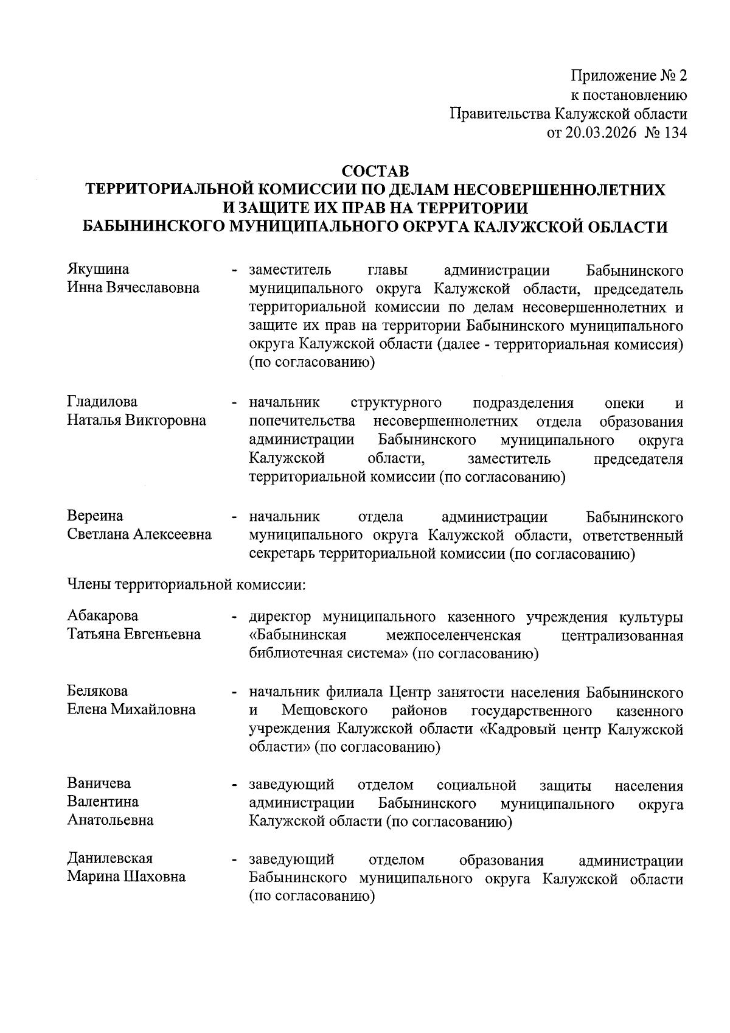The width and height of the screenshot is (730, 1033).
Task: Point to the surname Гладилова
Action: click(102, 402)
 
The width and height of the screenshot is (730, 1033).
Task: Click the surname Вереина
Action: click(95, 516)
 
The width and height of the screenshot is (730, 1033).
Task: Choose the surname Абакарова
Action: click(103, 616)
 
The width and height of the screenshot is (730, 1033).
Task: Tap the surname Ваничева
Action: click(99, 783)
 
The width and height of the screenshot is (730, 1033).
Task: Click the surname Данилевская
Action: click(110, 858)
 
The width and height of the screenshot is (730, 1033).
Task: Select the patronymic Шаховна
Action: click(155, 877)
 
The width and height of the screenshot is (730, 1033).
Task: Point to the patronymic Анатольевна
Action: click(110, 821)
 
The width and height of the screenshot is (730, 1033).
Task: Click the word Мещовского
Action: click(325, 710)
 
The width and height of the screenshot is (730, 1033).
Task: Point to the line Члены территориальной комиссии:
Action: click(186, 586)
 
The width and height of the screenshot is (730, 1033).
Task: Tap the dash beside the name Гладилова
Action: click(234, 403)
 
